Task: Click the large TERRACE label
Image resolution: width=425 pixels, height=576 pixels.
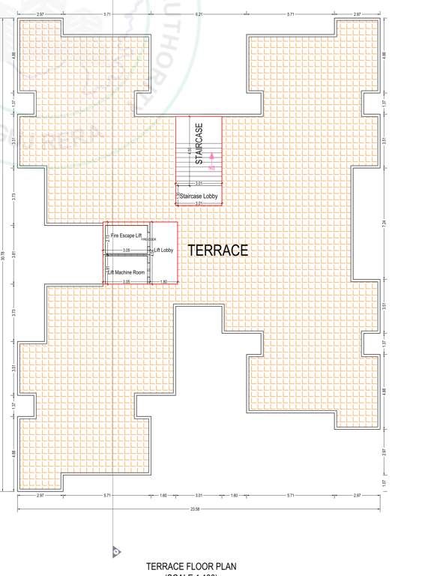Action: [217, 250]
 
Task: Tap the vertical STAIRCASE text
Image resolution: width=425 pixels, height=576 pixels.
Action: [199, 143]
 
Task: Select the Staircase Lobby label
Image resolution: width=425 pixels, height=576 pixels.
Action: [199, 196]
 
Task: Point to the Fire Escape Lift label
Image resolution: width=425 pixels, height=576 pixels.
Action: [125, 235]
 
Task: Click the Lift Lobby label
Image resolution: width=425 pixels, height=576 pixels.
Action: [163, 250]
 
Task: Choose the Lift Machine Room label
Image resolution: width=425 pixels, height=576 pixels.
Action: [125, 272]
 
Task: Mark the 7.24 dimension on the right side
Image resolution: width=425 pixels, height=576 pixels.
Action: [384, 223]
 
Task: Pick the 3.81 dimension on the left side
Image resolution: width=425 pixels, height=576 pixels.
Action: [13, 253]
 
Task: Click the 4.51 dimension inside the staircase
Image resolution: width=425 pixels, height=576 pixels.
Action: [189, 151]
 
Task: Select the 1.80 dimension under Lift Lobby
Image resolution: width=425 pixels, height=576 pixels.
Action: [163, 282]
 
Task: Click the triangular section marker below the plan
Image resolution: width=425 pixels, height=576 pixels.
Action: [116, 552]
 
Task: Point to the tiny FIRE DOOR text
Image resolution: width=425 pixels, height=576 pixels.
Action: [148, 240]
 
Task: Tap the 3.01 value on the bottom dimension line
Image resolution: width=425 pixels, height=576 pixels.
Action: [199, 496]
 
